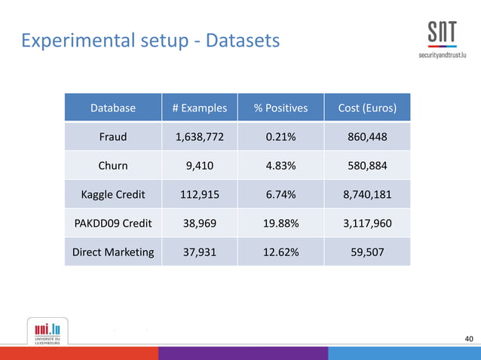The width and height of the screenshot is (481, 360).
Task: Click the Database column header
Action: (x=113, y=108)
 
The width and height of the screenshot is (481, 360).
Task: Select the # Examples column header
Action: (x=199, y=108)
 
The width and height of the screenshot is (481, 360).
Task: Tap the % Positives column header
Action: (x=280, y=108)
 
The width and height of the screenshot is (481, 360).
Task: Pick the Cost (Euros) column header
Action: (x=367, y=108)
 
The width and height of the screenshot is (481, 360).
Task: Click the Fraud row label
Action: (x=113, y=138)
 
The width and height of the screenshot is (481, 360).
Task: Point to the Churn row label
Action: (x=113, y=166)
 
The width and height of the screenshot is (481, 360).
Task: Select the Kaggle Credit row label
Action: (x=113, y=195)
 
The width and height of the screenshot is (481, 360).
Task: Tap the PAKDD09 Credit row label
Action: (x=113, y=224)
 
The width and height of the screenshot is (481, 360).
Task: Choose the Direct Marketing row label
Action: (x=113, y=252)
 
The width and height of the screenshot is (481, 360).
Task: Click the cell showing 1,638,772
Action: (x=199, y=138)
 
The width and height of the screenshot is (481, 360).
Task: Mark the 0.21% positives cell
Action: (x=280, y=138)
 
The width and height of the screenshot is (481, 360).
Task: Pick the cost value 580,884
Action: (x=367, y=166)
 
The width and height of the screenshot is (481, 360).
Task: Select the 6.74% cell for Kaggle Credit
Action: (x=280, y=195)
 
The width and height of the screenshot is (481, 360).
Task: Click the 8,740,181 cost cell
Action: (x=367, y=195)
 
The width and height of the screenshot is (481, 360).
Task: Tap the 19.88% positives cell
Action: (x=280, y=224)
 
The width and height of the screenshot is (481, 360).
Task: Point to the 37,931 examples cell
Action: (x=199, y=252)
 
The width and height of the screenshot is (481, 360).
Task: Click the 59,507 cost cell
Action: (x=367, y=252)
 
